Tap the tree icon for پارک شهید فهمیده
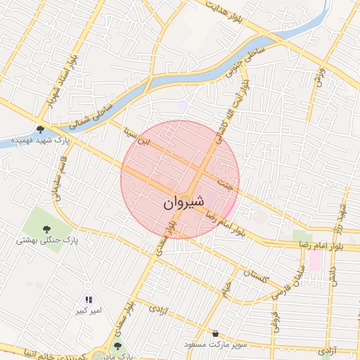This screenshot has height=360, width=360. coord(41,129)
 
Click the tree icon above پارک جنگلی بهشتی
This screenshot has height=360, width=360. coord(46,229)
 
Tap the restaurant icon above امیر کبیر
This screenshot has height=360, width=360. coord(89,300)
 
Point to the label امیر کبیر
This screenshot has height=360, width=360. coord(90,310)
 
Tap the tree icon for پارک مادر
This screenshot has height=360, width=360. coord(117,346)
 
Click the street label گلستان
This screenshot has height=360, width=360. coord(254,276)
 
